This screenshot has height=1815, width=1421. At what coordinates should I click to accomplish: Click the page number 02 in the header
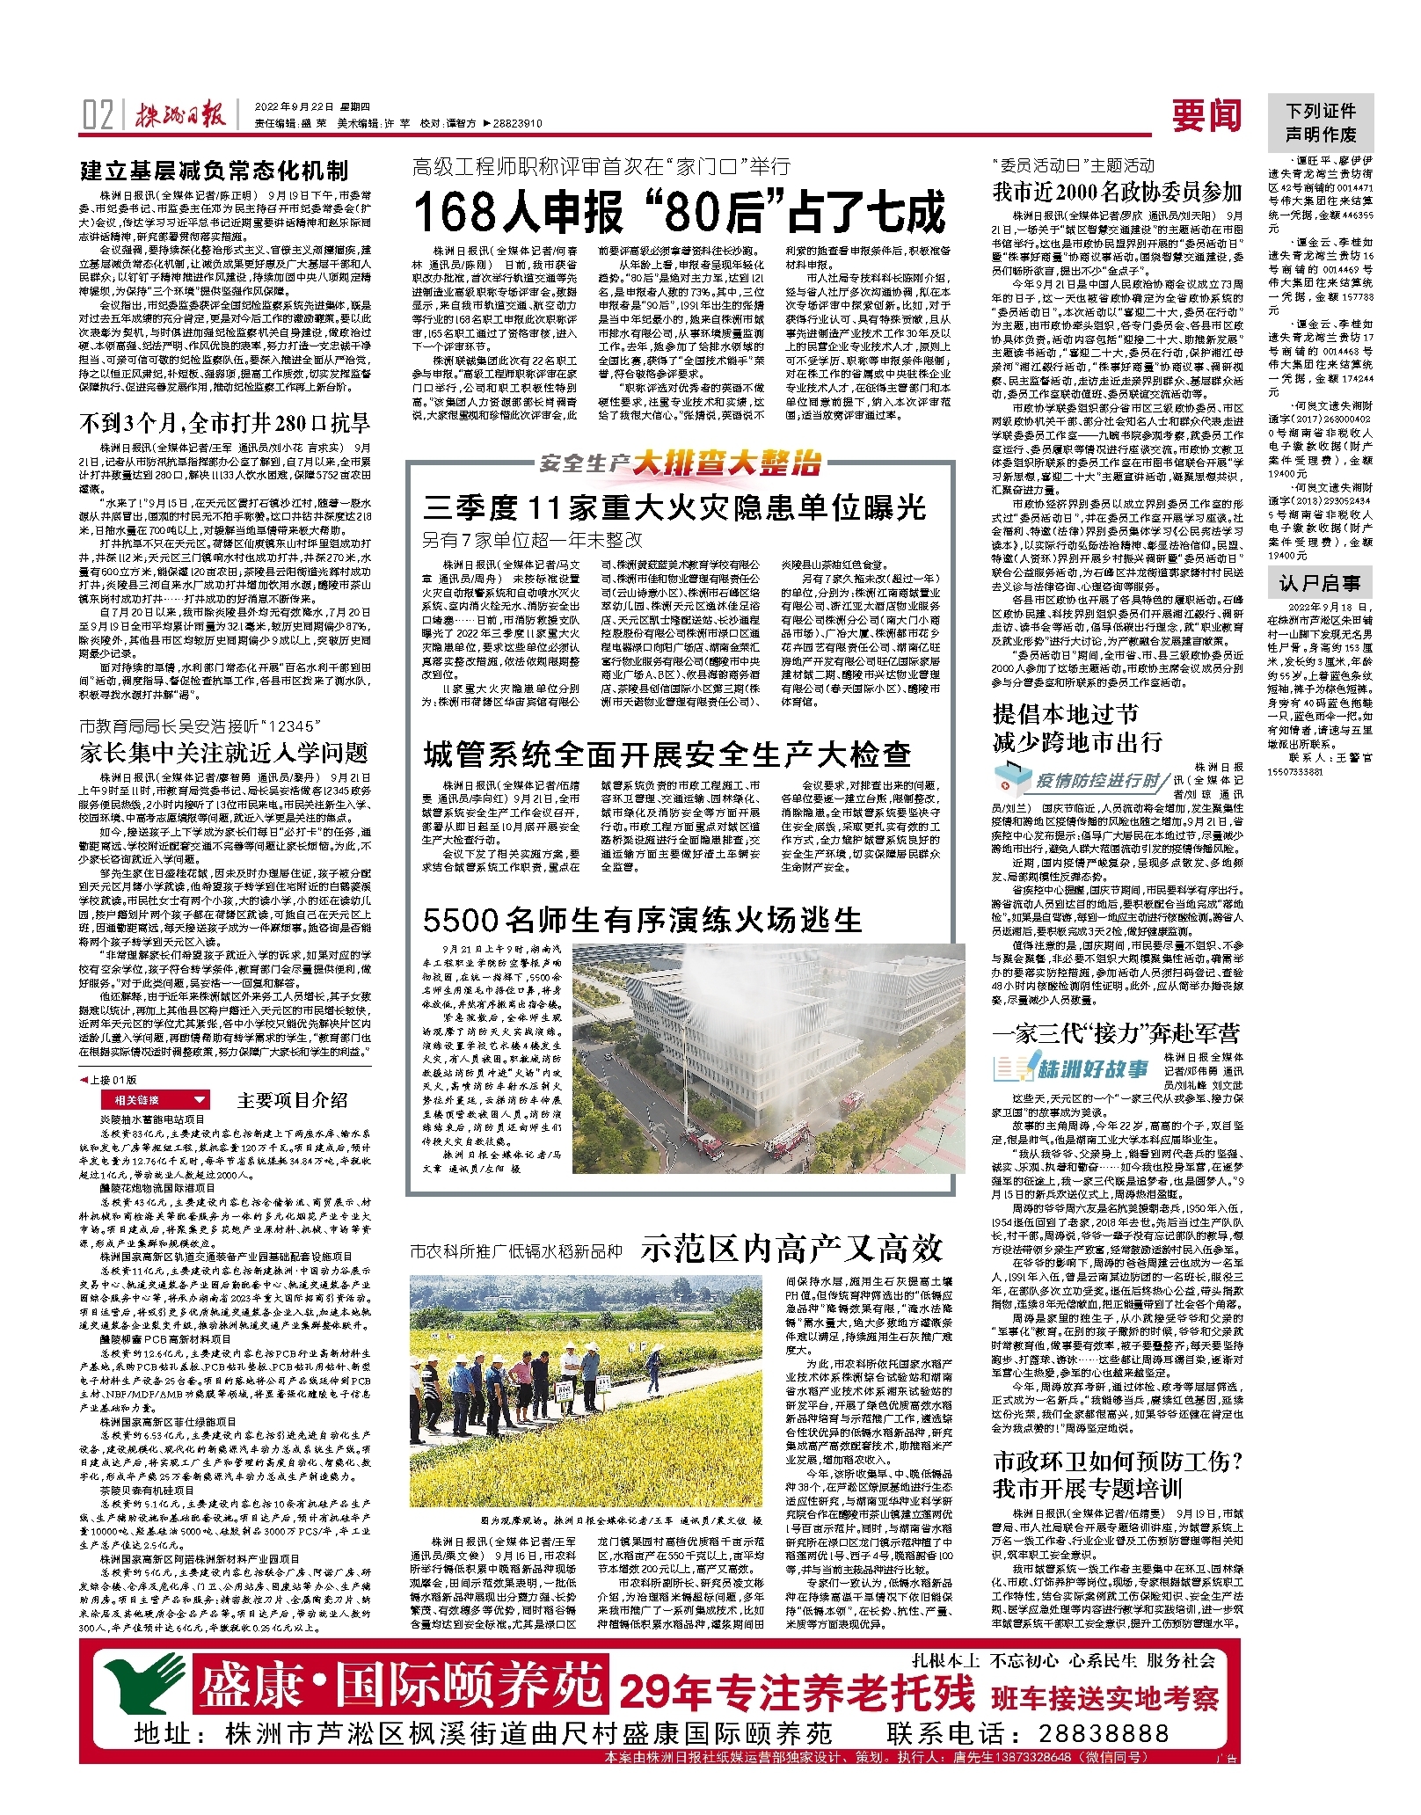98,115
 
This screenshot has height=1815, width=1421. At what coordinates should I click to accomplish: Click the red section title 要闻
1206,115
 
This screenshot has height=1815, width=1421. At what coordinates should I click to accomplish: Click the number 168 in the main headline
463,212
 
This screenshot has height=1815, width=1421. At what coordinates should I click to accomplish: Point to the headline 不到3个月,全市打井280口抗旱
225,423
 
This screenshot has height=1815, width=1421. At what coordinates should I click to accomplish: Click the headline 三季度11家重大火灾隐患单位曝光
674,507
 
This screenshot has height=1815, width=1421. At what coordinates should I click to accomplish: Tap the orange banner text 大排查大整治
726,463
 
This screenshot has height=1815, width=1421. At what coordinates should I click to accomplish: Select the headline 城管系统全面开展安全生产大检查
667,754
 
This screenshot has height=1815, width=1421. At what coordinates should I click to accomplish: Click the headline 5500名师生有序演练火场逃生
642,920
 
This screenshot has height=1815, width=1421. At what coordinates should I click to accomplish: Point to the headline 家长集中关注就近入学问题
223,753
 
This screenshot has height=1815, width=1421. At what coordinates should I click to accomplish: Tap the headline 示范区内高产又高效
791,1248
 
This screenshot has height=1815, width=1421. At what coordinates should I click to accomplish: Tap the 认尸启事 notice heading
1319,583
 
